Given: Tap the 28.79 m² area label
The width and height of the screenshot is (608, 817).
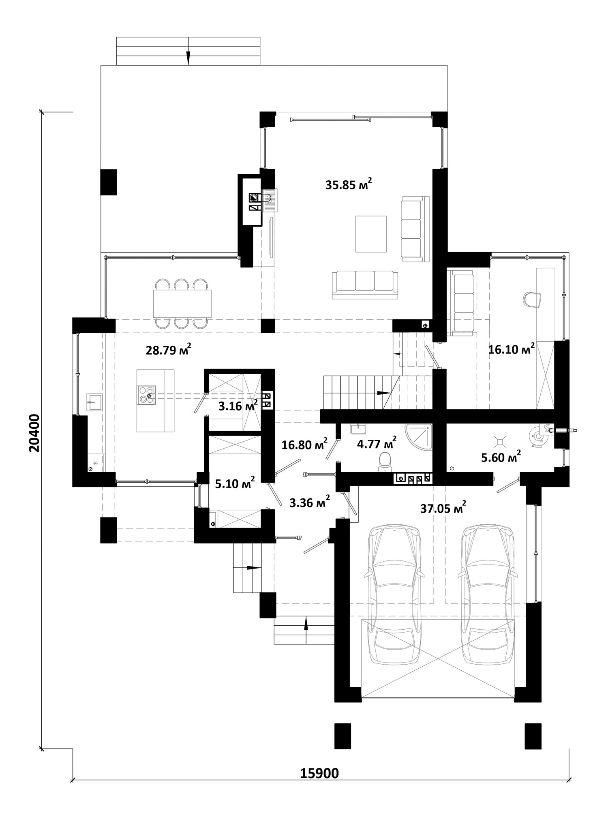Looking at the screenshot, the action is tap(168, 349).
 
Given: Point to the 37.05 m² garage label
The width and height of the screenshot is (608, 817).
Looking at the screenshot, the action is tap(443, 507).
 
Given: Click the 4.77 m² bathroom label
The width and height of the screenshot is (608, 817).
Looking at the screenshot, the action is tap(376, 443).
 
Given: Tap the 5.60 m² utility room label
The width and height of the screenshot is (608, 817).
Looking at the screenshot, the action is tap(501, 457).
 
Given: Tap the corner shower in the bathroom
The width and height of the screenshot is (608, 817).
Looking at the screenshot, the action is tap(419, 437).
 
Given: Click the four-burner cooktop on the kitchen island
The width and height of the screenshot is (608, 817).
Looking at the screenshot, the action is tap(146, 395).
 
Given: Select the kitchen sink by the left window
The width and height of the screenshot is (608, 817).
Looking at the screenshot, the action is tap(94, 402).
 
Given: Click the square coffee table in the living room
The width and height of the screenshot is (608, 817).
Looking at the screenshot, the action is tap(371, 234).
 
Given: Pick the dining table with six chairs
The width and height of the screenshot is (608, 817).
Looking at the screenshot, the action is tap(182, 303).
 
